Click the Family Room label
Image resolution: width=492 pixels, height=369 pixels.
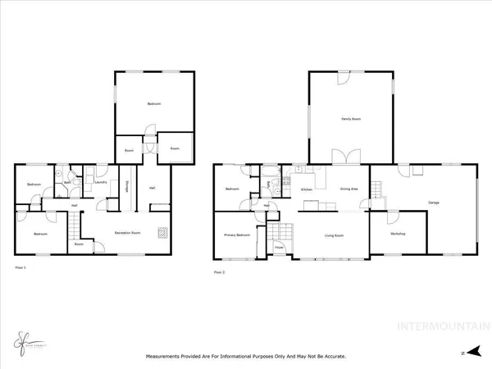pyautogui.click(x=351, y=119)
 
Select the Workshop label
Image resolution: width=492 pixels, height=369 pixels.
pyautogui.click(x=398, y=235)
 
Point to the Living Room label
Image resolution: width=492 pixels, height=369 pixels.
pyautogui.click(x=333, y=235)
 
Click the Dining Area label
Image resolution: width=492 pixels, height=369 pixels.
pyautogui.click(x=350, y=189)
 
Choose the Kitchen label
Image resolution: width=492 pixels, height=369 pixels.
pyautogui.click(x=307, y=189)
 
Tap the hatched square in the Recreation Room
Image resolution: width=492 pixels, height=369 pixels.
pyautogui.click(x=162, y=231)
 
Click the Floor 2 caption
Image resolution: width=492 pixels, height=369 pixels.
pyautogui.click(x=220, y=271)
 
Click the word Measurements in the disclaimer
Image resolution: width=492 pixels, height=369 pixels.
pyautogui.click(x=167, y=357)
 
